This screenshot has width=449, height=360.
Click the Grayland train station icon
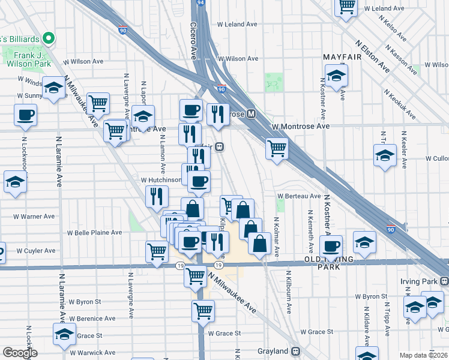tap(295, 352)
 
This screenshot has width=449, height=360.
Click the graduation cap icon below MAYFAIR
tap(337, 76)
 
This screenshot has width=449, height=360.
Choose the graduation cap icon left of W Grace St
tap(64, 335)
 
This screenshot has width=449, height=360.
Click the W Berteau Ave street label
tap(299, 196)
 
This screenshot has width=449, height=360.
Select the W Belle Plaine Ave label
tap(94, 232)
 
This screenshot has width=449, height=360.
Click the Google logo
tap(20, 353)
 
